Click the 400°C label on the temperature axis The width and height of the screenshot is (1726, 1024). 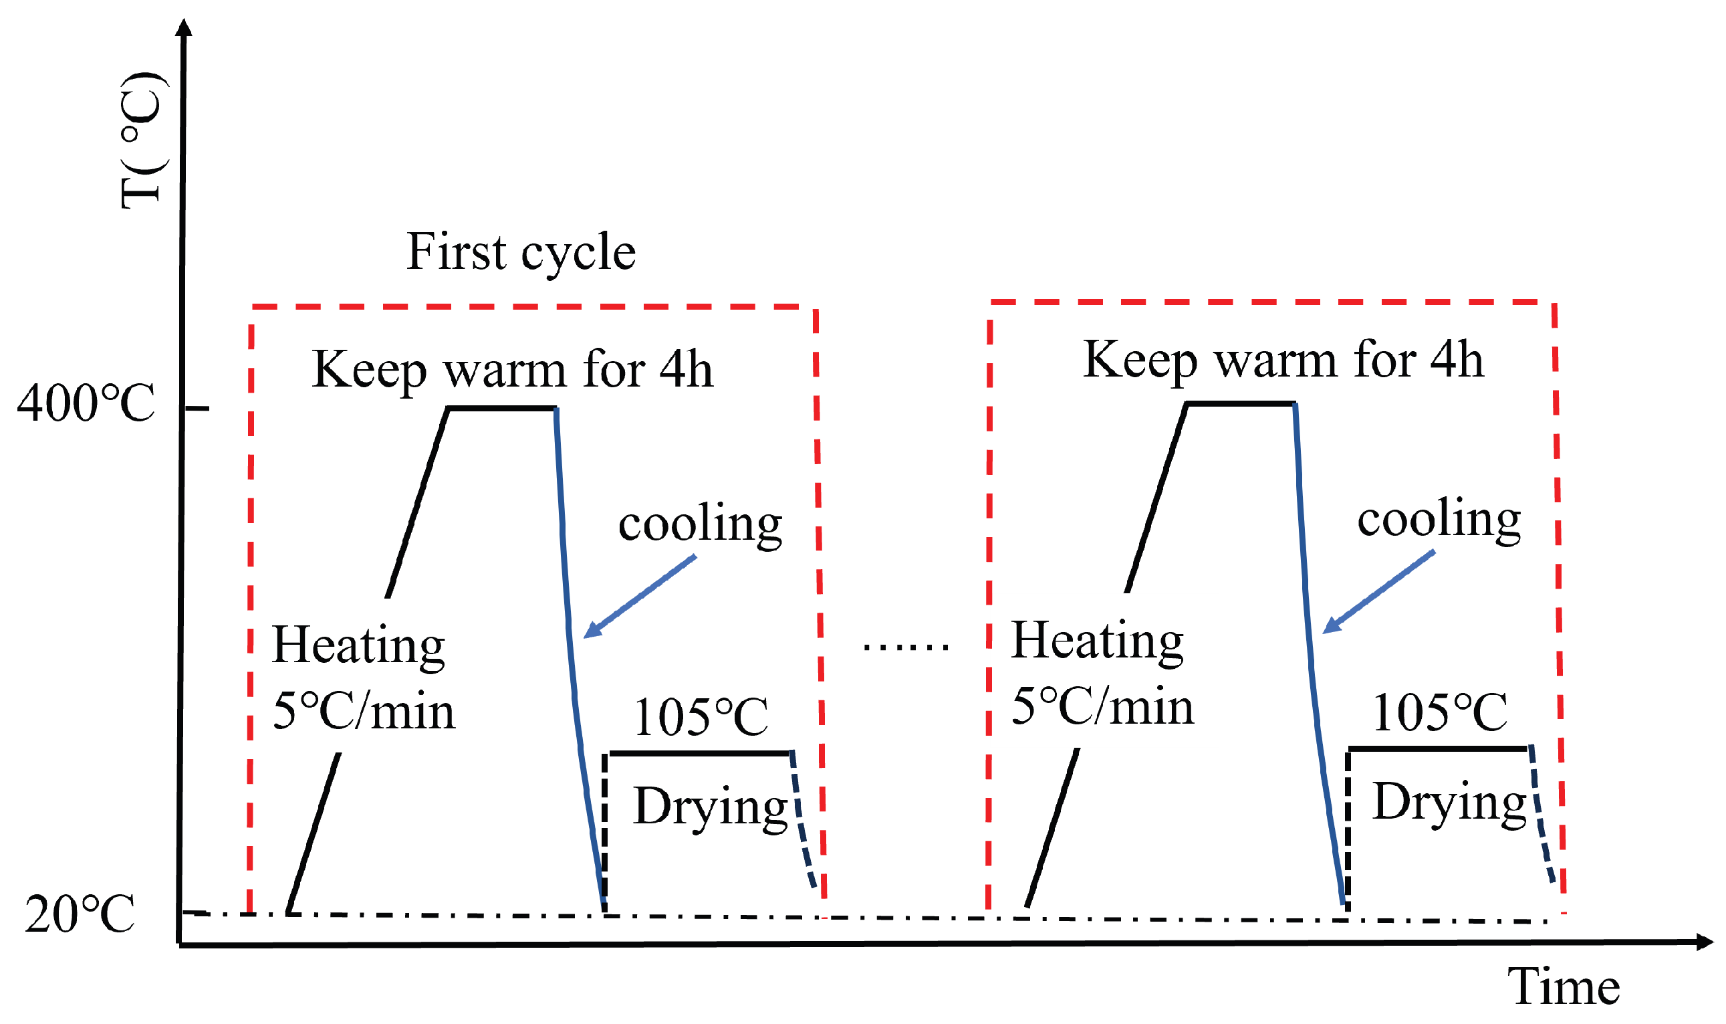click(x=86, y=404)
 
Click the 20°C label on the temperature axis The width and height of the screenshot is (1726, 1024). click(x=80, y=915)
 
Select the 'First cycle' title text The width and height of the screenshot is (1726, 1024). click(x=521, y=252)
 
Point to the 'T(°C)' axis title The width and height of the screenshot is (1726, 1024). click(x=144, y=140)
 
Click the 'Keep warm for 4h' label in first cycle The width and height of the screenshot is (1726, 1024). click(x=512, y=371)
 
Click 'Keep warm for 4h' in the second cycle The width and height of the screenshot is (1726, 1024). click(x=1283, y=361)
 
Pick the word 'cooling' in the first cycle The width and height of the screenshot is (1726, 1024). click(x=700, y=524)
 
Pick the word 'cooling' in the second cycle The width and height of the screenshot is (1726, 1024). click(x=1439, y=519)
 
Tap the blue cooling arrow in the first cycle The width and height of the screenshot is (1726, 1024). click(x=639, y=597)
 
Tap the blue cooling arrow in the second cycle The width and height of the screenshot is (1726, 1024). click(x=1378, y=592)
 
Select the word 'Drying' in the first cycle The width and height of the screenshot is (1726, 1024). click(x=711, y=807)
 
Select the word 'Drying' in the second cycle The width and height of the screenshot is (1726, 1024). click(x=1449, y=802)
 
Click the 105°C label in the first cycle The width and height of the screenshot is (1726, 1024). click(x=701, y=718)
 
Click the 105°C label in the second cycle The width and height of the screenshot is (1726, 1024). click(x=1440, y=713)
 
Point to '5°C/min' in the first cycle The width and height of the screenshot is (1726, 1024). click(x=364, y=712)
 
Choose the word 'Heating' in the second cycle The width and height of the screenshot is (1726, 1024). click(x=1097, y=641)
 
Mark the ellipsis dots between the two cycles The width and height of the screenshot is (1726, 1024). click(x=906, y=647)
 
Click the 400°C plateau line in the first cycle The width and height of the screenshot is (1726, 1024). click(x=502, y=409)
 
